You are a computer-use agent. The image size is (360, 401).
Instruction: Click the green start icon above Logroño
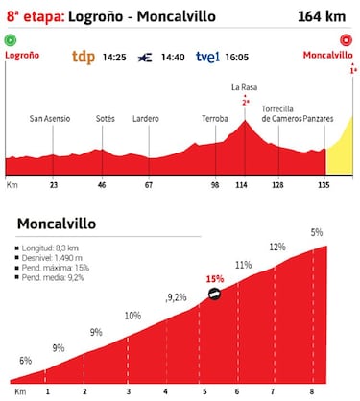point(11,40)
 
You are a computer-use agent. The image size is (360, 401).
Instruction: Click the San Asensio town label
point(48,119)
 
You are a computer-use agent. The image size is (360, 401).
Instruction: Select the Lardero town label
point(147,119)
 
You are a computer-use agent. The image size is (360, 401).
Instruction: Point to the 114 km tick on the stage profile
point(244,183)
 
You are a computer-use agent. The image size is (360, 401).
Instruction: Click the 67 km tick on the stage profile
point(149,183)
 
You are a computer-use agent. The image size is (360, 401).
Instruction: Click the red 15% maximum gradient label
point(215,280)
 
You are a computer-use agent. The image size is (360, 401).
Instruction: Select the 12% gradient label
point(277,247)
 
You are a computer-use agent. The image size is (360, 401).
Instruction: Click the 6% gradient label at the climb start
point(26,361)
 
